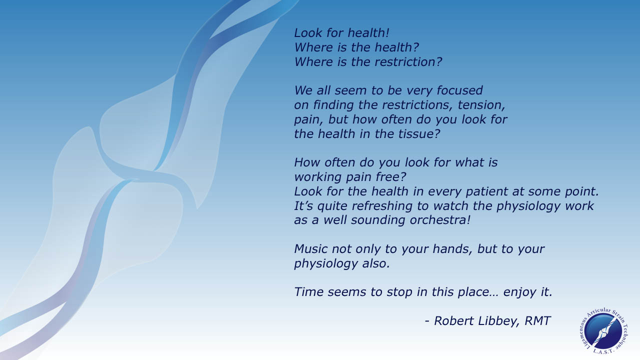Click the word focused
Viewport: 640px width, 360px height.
click(x=459, y=90)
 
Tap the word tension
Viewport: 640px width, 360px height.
click(x=481, y=105)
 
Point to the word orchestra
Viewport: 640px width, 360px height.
click(x=440, y=220)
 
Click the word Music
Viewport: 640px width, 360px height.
click(x=311, y=249)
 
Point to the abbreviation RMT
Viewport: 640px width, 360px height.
click(x=537, y=321)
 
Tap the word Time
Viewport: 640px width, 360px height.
click(x=309, y=292)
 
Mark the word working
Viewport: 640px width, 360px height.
click(x=317, y=177)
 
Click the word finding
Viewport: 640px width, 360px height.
click(x=333, y=105)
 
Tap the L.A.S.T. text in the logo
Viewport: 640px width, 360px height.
click(x=603, y=352)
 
